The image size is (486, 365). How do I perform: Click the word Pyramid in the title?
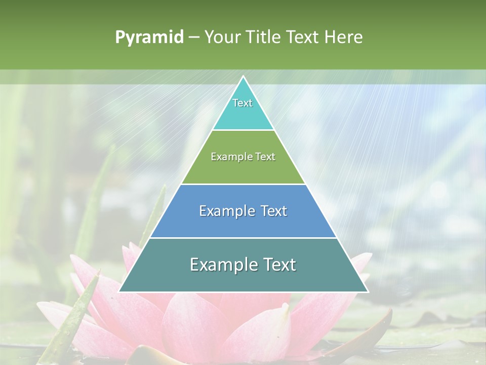tap(149, 38)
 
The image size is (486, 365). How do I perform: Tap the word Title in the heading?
tap(265, 37)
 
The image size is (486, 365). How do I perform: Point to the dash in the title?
tap(193, 38)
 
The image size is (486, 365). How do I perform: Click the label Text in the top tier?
tap(242, 103)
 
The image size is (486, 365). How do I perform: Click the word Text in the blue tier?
tap(272, 211)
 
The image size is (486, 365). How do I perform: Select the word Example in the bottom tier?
tap(222, 265)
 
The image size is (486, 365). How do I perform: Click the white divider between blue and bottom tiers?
tap(243, 238)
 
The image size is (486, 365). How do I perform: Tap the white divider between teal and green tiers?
tap(243, 130)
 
